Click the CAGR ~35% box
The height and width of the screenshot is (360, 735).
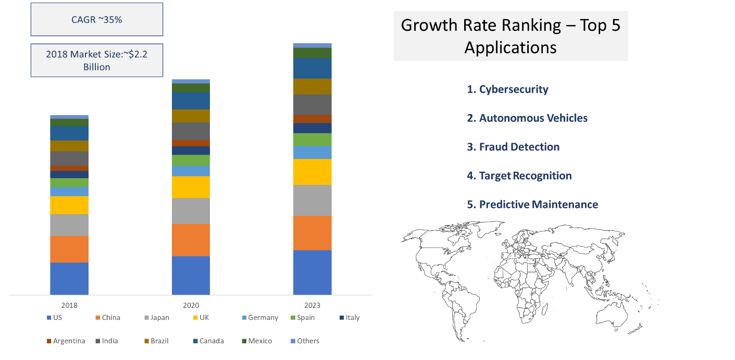[x=96, y=20]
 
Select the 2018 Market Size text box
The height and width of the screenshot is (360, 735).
[x=96, y=60]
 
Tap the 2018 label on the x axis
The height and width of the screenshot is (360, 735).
[x=69, y=305]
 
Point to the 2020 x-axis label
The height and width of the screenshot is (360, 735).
[x=191, y=305]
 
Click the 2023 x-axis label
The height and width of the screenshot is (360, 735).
[x=312, y=305]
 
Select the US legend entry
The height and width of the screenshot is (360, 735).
[x=55, y=318]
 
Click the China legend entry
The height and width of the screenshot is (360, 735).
[x=108, y=318]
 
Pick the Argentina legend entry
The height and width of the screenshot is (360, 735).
[x=66, y=341]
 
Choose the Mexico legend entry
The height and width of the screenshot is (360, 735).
[x=258, y=341]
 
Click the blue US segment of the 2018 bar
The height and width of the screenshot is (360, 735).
[x=69, y=278]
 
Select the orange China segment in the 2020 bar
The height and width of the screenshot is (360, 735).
[x=191, y=240]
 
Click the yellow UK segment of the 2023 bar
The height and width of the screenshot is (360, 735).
[x=313, y=172]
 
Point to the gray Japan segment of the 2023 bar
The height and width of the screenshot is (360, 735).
[x=313, y=201]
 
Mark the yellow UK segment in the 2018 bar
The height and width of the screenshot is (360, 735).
[x=69, y=205]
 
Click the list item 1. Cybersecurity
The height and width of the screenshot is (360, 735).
[x=507, y=89]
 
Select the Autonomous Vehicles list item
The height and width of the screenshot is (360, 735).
[x=527, y=118]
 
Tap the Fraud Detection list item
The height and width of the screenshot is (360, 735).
[x=513, y=147]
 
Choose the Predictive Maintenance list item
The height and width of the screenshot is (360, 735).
[x=532, y=204]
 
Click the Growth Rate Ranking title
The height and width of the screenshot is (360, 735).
[x=510, y=36]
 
